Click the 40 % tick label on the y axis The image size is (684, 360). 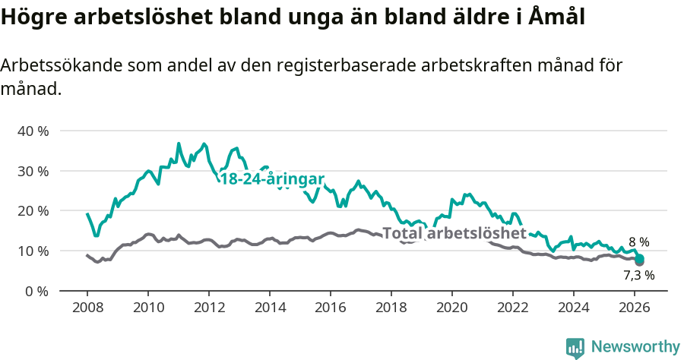[33, 131]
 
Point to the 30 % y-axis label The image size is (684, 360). [33, 171]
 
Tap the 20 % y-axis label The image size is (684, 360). [33, 210]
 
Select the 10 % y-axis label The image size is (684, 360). [33, 251]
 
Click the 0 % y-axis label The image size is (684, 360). [36, 291]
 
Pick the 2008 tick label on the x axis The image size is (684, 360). [87, 308]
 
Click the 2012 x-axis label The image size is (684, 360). [208, 308]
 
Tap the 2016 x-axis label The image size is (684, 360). [330, 308]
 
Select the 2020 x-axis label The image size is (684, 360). [451, 308]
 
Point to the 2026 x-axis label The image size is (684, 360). [634, 308]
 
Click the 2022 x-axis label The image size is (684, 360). [512, 308]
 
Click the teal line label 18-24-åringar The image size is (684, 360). [272, 179]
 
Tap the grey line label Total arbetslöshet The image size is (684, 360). [454, 233]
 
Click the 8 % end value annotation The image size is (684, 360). [639, 242]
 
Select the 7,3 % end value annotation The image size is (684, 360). [639, 275]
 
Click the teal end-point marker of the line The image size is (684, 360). [639, 259]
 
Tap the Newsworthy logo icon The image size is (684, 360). [575, 347]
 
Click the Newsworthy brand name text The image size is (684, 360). [635, 347]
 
